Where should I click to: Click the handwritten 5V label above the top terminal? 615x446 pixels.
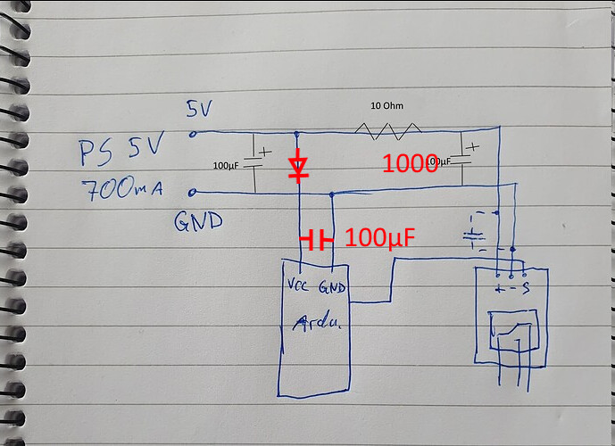point(200,109)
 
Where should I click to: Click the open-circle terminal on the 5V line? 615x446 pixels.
point(194,134)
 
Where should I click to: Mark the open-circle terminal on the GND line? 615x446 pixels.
point(194,192)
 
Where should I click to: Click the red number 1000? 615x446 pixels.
point(410,163)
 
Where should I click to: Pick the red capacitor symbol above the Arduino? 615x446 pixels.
point(318,239)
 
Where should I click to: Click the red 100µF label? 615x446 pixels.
point(381,238)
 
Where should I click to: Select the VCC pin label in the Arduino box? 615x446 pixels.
point(300,286)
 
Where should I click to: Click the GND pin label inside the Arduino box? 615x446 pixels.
point(332,286)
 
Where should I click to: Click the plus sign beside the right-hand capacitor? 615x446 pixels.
point(472,145)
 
